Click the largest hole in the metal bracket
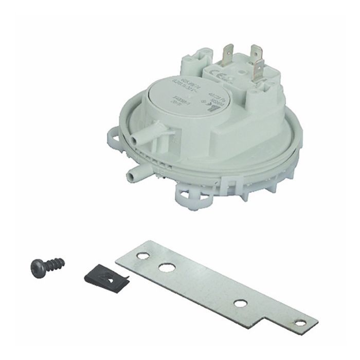coord(166,267)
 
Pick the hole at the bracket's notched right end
coord(298,323)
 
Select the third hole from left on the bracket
coord(240,303)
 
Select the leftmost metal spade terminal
coord(227,53)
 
